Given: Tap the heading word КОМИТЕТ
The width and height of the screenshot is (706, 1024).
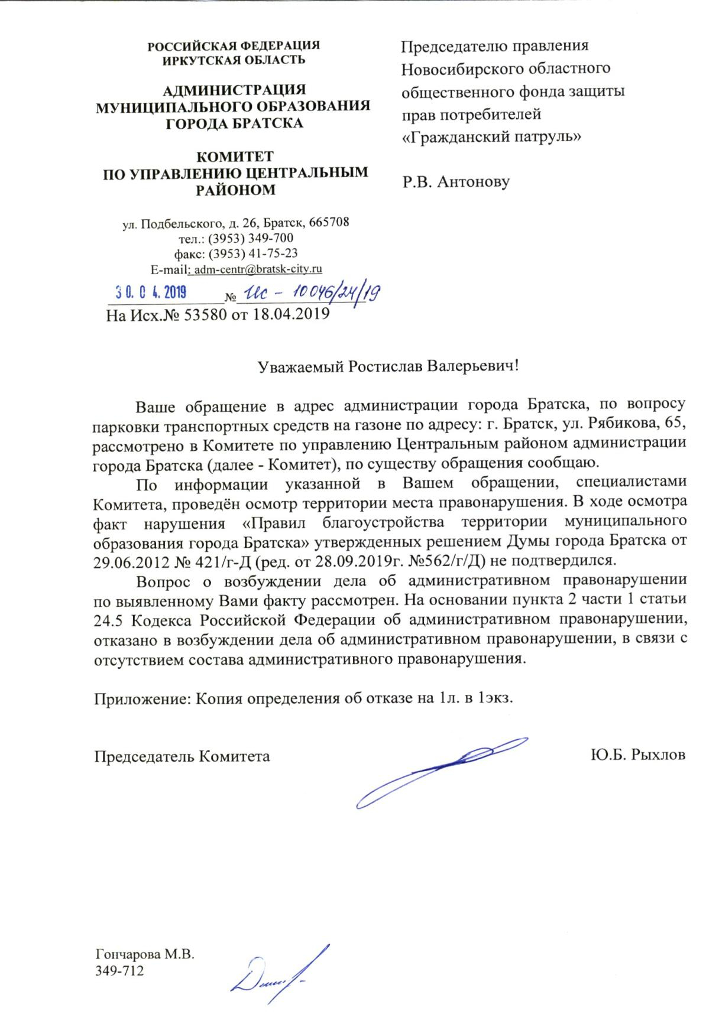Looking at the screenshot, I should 235,157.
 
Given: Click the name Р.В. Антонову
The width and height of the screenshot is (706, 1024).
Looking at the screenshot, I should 456,181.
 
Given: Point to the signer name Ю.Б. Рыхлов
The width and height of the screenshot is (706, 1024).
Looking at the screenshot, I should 638,755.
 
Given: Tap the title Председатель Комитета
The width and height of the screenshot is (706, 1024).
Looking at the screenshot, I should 183,756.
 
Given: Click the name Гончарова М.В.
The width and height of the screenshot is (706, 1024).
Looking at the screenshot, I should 145,954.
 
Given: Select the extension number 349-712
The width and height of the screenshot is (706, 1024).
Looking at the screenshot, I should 119,971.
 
